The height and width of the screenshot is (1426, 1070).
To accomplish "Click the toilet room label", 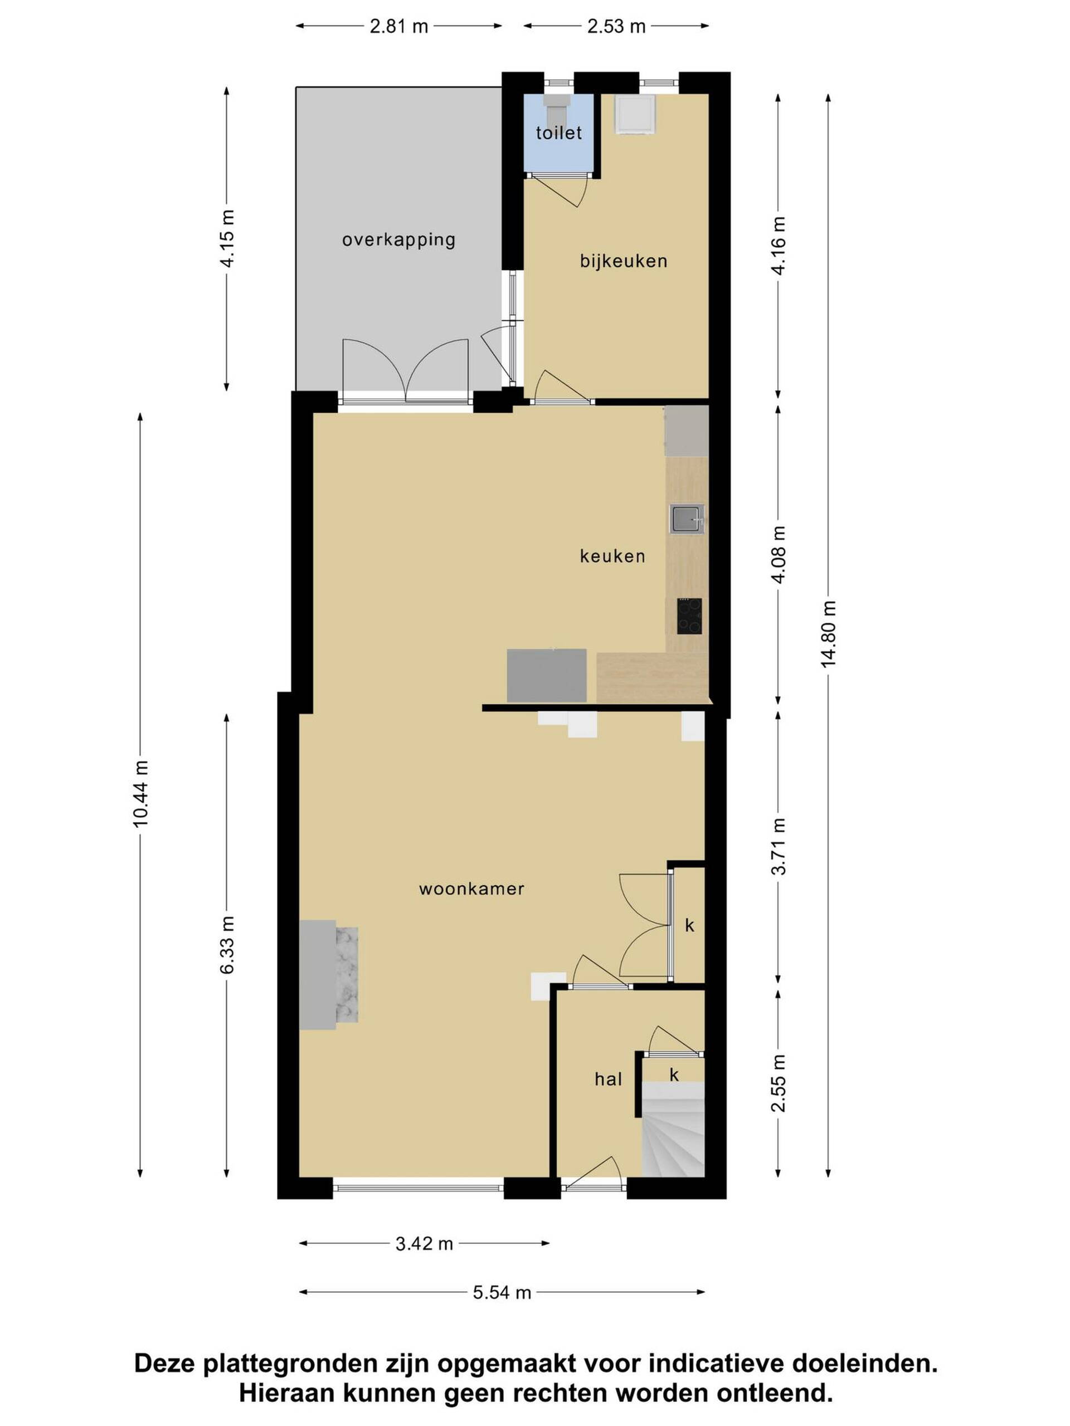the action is pyautogui.click(x=558, y=133).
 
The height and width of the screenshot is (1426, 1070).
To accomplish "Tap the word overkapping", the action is pyautogui.click(x=398, y=240).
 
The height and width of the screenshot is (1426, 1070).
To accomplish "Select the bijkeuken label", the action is pyautogui.click(x=623, y=261).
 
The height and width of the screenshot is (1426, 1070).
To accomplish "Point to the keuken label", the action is pyautogui.click(x=612, y=556).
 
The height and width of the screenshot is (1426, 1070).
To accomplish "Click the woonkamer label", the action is pyautogui.click(x=471, y=889).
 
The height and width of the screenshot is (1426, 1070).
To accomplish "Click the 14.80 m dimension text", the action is pyautogui.click(x=828, y=634).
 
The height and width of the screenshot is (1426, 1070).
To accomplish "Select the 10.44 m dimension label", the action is pyautogui.click(x=140, y=793).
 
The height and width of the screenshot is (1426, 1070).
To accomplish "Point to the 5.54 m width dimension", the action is pyautogui.click(x=502, y=1292).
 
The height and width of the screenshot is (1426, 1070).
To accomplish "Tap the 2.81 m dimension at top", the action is pyautogui.click(x=398, y=26).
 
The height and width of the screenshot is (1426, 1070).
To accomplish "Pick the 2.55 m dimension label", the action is pyautogui.click(x=779, y=1083).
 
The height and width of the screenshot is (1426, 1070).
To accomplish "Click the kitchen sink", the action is pyautogui.click(x=686, y=519).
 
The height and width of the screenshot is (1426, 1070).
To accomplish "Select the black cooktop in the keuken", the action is pyautogui.click(x=689, y=616).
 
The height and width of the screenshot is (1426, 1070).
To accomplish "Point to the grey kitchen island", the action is pyautogui.click(x=546, y=676).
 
